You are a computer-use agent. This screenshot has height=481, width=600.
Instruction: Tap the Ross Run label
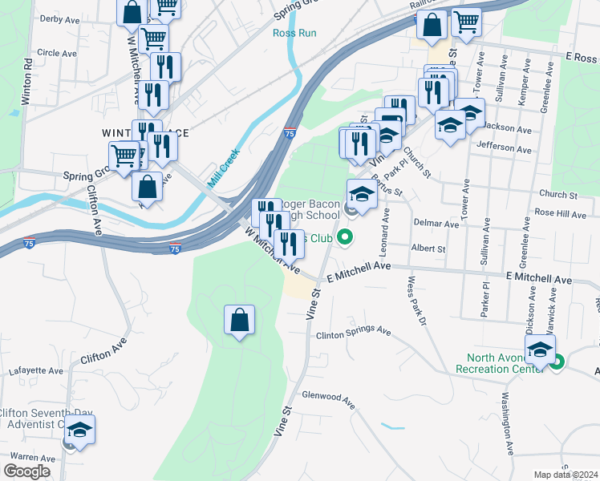(294, 34)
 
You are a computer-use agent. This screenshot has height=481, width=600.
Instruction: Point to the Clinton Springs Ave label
(353, 332)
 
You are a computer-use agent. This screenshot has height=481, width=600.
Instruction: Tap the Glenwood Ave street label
(327, 396)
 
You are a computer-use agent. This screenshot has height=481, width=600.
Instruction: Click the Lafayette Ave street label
(34, 371)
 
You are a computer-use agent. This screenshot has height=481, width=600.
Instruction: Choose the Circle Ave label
(56, 53)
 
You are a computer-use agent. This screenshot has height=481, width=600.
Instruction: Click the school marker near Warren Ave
(79, 430)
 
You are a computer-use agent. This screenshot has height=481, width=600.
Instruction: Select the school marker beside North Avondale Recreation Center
(540, 350)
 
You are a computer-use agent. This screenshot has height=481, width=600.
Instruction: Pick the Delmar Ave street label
(436, 224)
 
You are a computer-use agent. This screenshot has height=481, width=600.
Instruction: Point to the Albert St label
(428, 249)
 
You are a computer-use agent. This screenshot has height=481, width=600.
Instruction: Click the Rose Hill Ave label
(561, 214)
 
